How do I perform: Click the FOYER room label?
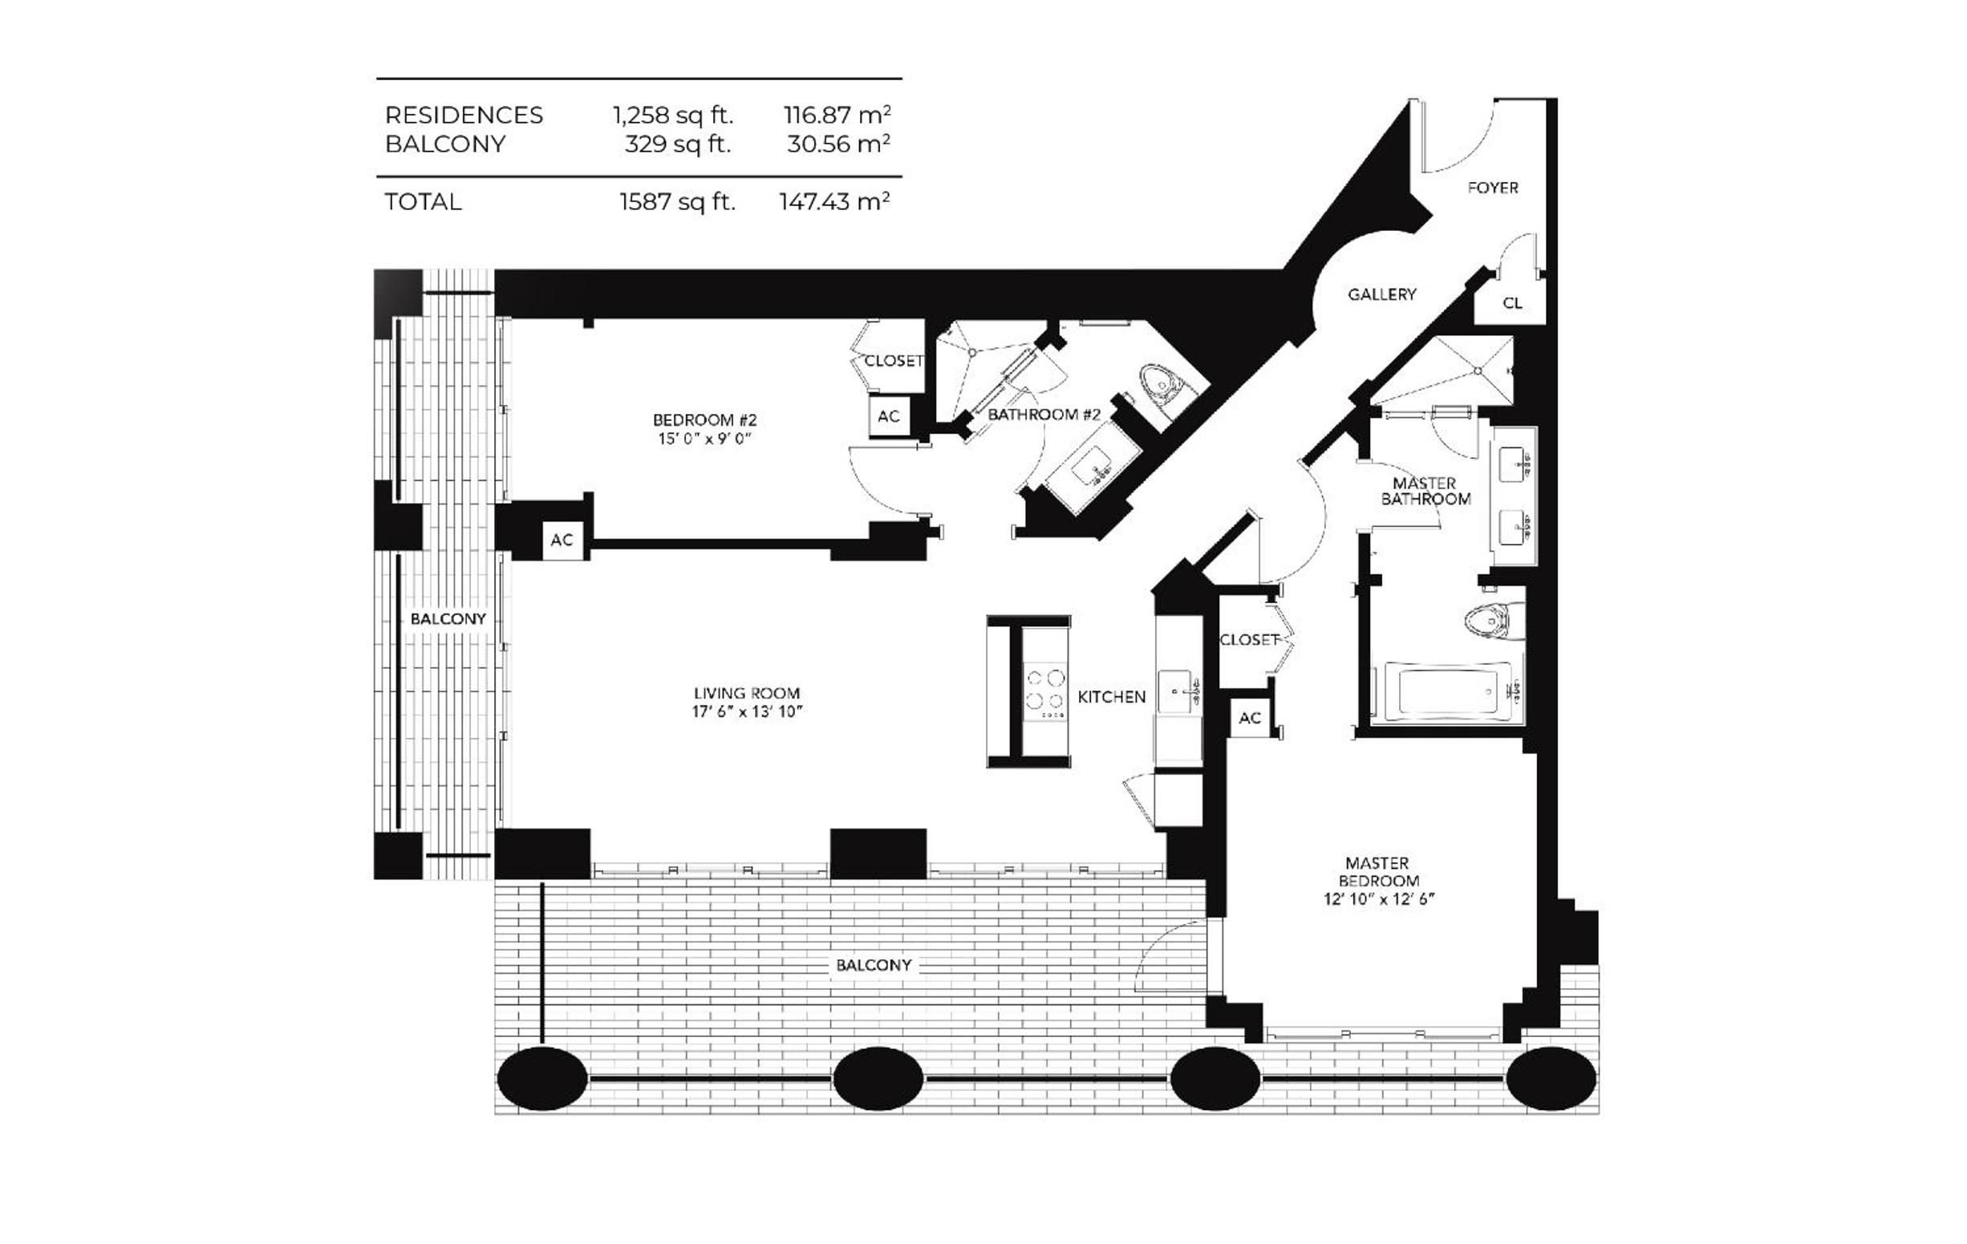tap(1492, 188)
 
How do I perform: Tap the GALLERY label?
tap(1381, 294)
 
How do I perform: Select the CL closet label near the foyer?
tap(1512, 303)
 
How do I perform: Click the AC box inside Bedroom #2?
tap(889, 416)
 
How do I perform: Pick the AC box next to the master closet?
tap(1250, 718)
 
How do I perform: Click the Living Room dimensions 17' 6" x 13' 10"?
tap(747, 712)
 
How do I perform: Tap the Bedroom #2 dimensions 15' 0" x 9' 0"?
tap(704, 440)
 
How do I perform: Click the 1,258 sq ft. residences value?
tap(673, 115)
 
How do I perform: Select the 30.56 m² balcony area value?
tap(838, 144)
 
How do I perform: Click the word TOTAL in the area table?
tap(423, 202)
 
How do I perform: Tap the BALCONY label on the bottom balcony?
tap(874, 966)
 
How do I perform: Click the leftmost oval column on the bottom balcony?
tap(541, 1079)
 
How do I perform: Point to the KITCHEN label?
tap(1112, 697)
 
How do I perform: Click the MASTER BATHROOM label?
tap(1426, 491)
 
